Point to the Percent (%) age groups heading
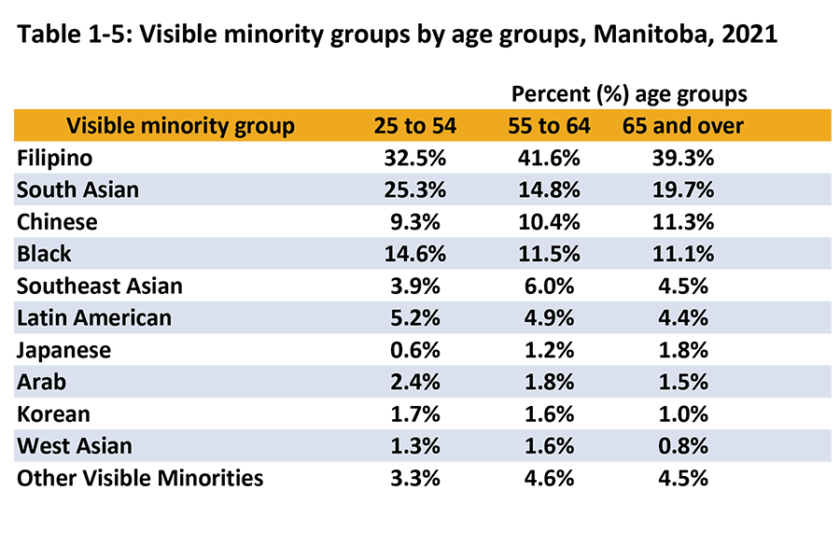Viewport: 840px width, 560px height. pyautogui.click(x=629, y=94)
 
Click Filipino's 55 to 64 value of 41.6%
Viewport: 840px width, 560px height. pyautogui.click(x=549, y=157)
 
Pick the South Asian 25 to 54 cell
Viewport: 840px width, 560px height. pyautogui.click(x=415, y=189)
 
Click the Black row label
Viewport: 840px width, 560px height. pyautogui.click(x=44, y=254)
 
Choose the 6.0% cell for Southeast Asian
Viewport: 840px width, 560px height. pyautogui.click(x=549, y=286)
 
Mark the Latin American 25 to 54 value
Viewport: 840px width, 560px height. pyautogui.click(x=415, y=317)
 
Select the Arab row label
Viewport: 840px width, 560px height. pyautogui.click(x=41, y=382)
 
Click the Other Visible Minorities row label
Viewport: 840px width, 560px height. pyautogui.click(x=140, y=478)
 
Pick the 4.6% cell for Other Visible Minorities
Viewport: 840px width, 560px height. pyautogui.click(x=549, y=478)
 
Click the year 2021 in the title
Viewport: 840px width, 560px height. pyautogui.click(x=752, y=37)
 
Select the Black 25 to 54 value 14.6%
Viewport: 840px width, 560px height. pyautogui.click(x=415, y=254)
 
